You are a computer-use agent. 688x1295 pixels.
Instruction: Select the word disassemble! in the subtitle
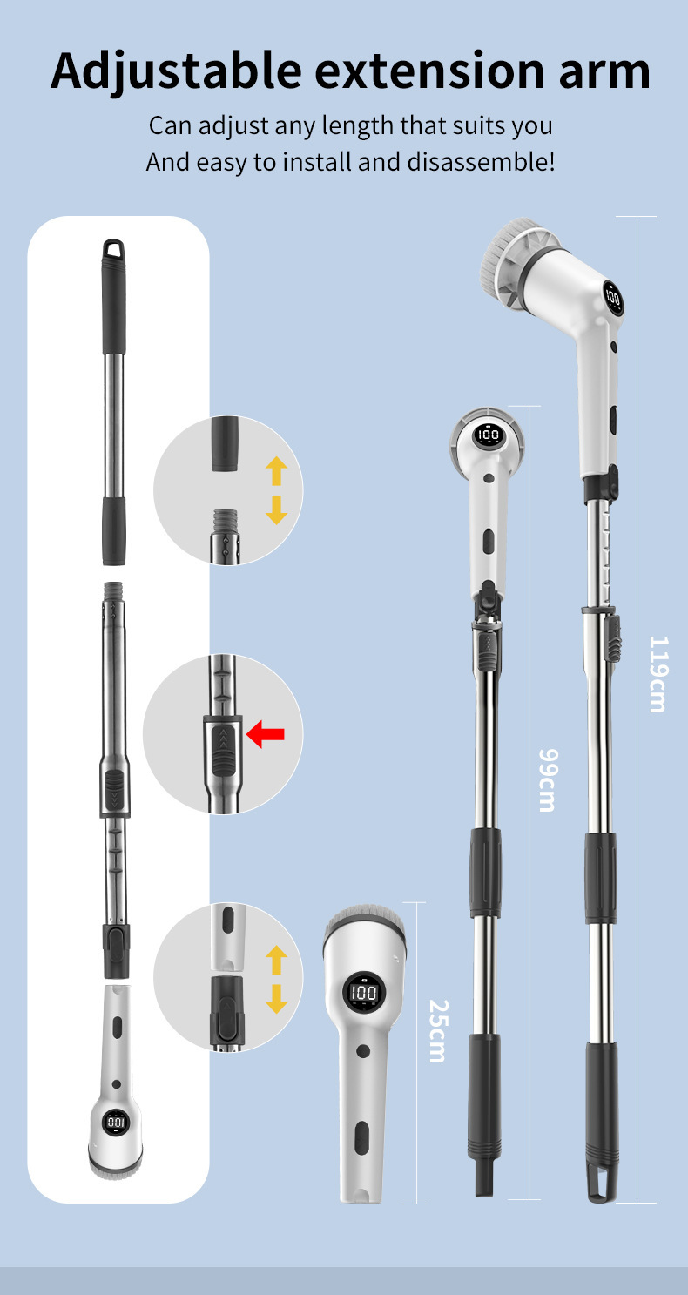[481, 162]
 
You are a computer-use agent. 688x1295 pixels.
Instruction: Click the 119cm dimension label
[658, 674]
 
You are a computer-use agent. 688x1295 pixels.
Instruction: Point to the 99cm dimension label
[548, 780]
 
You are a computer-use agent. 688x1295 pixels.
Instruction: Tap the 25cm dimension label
[438, 1031]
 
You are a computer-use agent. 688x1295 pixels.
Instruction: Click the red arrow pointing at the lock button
[266, 733]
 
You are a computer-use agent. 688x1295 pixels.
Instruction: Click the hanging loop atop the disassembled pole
[113, 248]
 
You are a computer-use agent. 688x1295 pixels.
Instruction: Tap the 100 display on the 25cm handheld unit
[364, 993]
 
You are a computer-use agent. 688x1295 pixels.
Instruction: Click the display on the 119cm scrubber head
[612, 298]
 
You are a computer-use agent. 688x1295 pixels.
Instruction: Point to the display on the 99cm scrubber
[488, 435]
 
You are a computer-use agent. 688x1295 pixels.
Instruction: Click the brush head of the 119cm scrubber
[511, 255]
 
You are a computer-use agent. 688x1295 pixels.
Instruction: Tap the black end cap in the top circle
[225, 444]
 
